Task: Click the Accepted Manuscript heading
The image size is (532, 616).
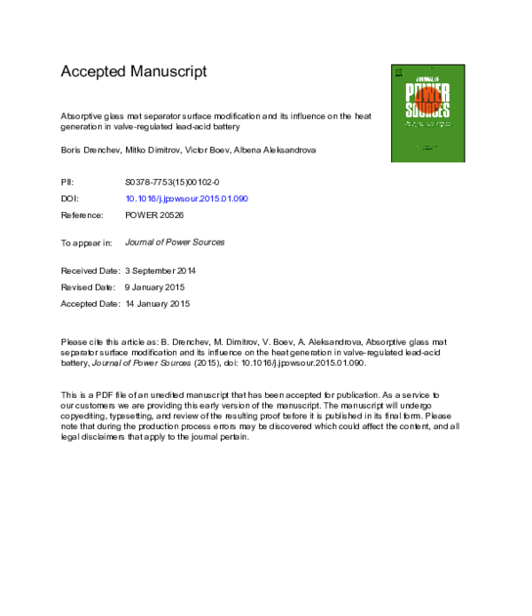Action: tap(133, 72)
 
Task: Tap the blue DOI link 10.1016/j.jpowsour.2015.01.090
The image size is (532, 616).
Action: tap(186, 199)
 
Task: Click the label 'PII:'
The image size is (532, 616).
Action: tap(67, 181)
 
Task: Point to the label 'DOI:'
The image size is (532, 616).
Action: tap(70, 199)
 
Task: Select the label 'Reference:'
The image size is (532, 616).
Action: tap(82, 215)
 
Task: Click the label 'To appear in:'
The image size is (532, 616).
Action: tap(86, 242)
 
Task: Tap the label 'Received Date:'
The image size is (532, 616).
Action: tap(90, 270)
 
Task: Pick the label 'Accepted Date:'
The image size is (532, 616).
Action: tap(90, 304)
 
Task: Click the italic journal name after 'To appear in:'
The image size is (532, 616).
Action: tap(176, 242)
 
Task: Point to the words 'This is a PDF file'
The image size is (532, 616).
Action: tap(98, 394)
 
